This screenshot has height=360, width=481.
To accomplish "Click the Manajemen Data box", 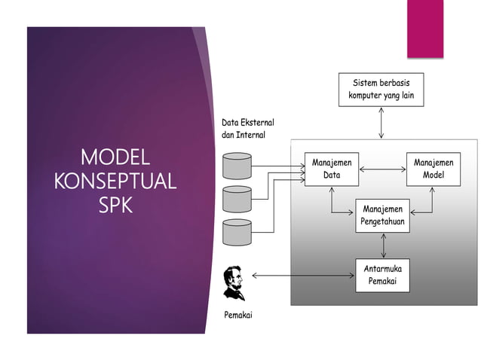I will pos(332,169).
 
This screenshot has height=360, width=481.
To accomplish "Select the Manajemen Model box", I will pos(433,169).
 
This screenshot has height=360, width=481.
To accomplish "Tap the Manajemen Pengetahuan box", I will pos(382,215).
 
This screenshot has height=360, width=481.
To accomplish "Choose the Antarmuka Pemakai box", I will pos(382,275).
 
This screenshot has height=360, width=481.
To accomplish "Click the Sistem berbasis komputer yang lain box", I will pos(381,89).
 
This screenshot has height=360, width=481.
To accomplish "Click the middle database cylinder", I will pos(237,198).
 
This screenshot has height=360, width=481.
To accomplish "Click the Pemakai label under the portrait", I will pos(238,315).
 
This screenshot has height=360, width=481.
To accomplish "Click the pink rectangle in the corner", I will pos(425,29).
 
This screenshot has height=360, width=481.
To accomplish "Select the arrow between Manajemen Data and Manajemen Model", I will pos(383,169).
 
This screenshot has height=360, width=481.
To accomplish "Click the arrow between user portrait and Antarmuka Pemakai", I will pos(302,276).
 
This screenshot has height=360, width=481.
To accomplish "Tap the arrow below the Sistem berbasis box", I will pos(381,122).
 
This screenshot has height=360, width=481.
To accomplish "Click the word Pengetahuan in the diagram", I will pos(382,222).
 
